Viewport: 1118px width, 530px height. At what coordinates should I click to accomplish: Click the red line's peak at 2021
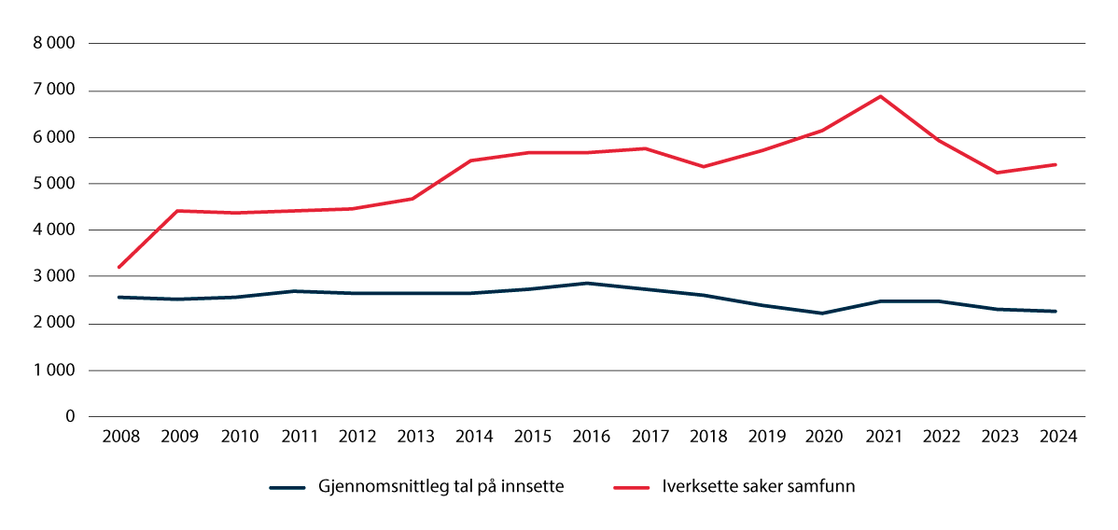point(880,96)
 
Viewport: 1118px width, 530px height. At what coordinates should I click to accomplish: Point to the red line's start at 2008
point(119,268)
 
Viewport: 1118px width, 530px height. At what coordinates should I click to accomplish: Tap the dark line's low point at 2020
point(821,314)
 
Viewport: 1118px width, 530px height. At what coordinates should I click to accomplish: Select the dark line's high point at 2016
point(587,283)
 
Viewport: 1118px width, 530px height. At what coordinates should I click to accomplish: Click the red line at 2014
point(470,160)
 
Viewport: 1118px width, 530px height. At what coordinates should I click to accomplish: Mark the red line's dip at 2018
point(704,167)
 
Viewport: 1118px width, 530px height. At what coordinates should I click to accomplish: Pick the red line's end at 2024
point(1055,164)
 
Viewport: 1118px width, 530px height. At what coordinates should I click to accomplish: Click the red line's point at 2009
point(177,211)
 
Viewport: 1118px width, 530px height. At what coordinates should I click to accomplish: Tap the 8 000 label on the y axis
point(54,44)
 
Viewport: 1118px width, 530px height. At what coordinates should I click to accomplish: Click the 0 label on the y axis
point(70,417)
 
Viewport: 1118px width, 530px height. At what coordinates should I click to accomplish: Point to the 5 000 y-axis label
point(54,184)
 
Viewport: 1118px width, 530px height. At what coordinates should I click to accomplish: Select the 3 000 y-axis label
point(54,277)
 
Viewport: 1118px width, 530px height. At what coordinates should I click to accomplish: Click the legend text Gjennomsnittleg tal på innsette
point(440,487)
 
